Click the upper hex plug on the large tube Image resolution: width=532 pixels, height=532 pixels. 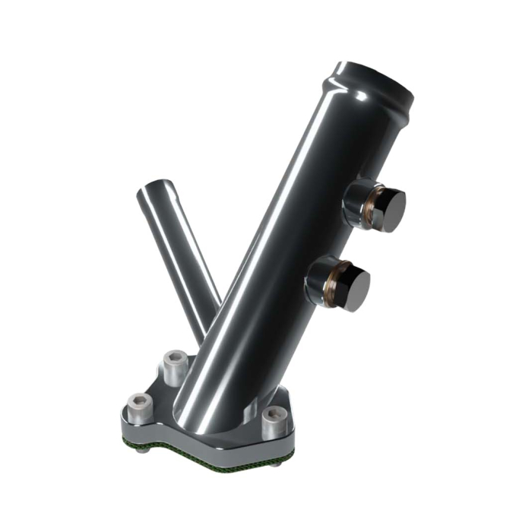pyautogui.click(x=387, y=210)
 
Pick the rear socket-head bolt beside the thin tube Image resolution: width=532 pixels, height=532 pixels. pyautogui.click(x=176, y=366)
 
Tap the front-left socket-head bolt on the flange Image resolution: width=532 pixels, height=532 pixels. pyautogui.click(x=140, y=408)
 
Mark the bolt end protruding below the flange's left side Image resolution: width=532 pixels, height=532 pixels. pyautogui.click(x=143, y=448)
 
